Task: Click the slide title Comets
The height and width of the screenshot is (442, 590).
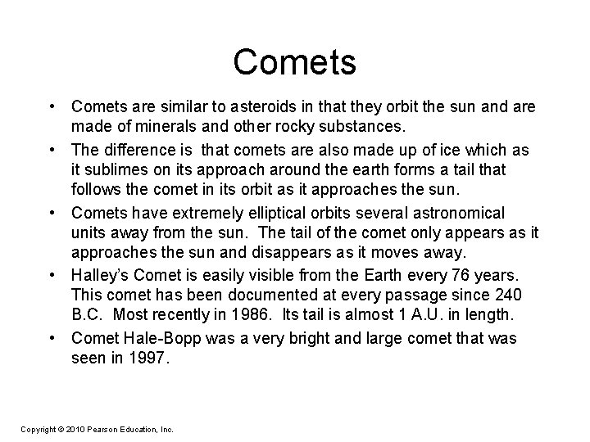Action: (294, 63)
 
